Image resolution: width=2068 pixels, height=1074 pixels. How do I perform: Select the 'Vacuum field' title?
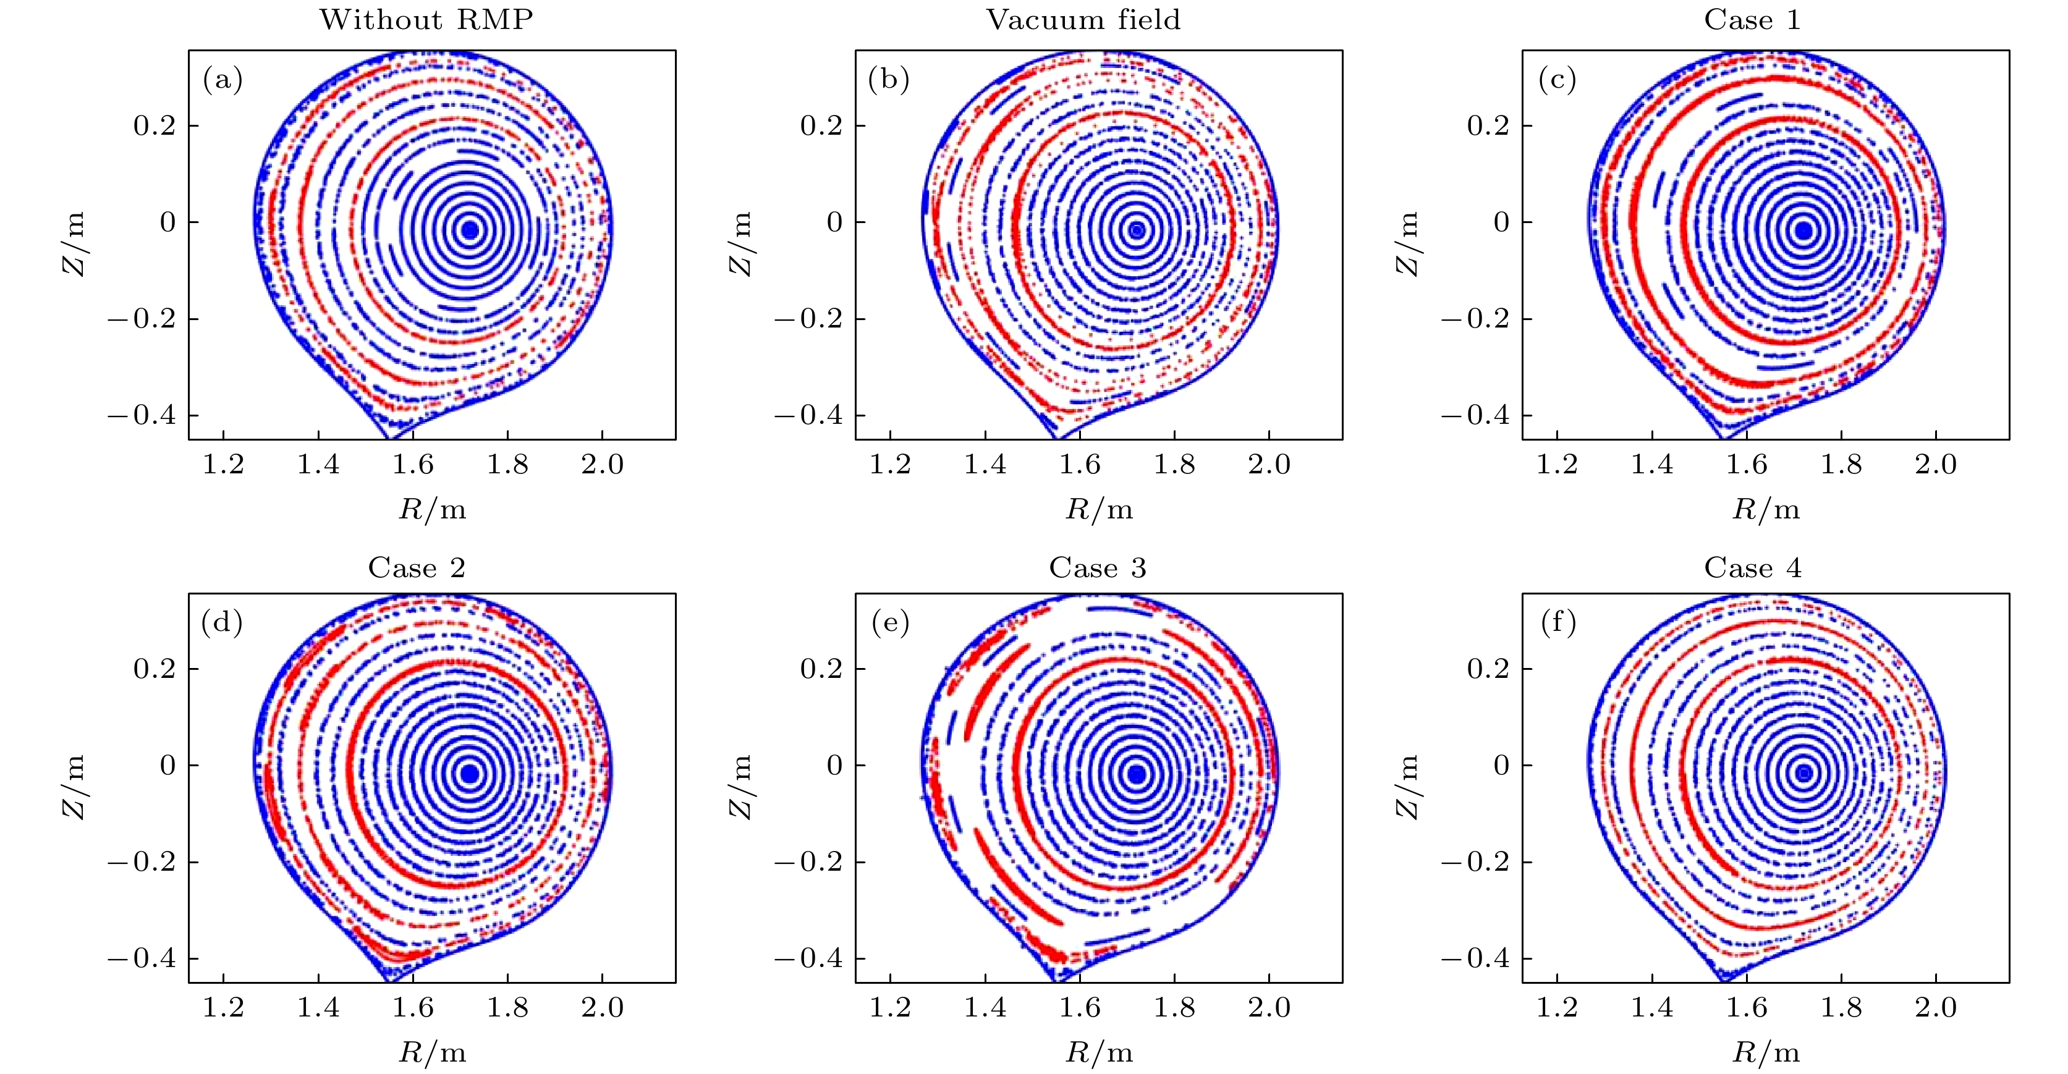tap(1083, 19)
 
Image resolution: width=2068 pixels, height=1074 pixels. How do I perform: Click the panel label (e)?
tap(889, 622)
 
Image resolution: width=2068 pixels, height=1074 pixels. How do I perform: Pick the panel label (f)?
tap(1558, 622)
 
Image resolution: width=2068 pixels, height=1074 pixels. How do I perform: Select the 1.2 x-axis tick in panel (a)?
tap(223, 464)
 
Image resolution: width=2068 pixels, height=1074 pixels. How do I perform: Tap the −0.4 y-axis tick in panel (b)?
tap(808, 415)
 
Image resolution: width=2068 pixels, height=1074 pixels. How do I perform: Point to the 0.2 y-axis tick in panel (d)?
tap(154, 669)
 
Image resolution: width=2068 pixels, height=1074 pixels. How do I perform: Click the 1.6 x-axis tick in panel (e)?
tap(1080, 1007)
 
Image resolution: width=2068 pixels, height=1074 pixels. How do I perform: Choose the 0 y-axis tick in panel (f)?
tap(1501, 765)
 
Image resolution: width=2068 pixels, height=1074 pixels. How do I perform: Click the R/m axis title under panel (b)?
tap(1099, 509)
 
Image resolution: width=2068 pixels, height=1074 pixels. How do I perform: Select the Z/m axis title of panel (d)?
tap(74, 787)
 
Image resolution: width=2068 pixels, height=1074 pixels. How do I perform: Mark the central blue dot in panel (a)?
tap(470, 230)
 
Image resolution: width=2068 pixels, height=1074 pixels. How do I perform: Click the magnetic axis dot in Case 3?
tap(1137, 774)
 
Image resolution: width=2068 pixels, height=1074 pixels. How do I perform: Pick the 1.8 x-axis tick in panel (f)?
tap(1841, 1007)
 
